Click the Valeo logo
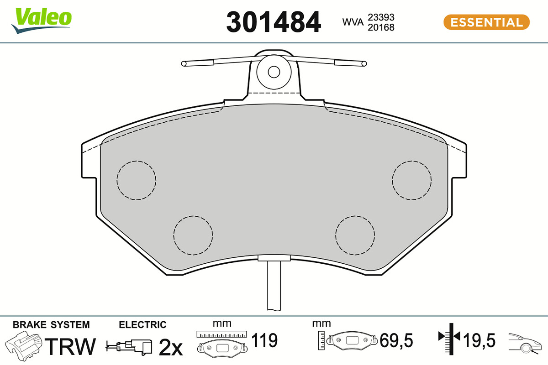click(42, 21)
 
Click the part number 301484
click(273, 22)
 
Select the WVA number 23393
click(381, 17)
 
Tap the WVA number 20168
click(381, 27)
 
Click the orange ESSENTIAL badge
click(486, 22)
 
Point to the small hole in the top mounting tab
click(274, 72)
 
